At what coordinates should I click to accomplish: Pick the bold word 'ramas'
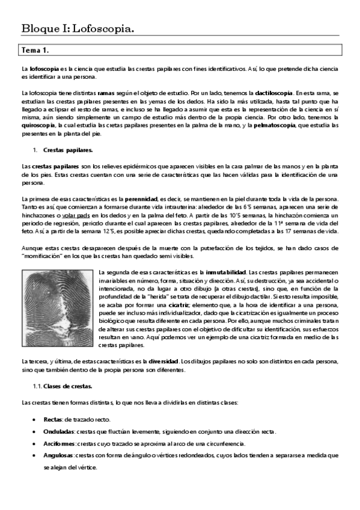(x=106, y=93)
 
